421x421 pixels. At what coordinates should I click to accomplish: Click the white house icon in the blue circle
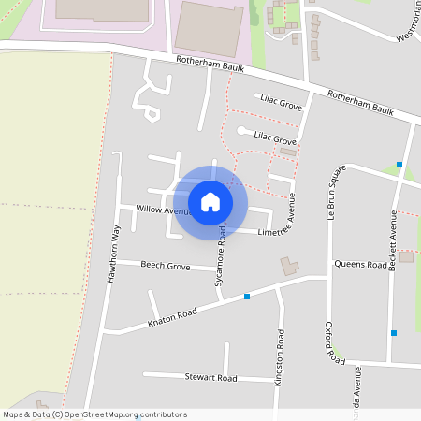click(210, 201)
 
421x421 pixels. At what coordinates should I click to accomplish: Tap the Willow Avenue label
click(162, 210)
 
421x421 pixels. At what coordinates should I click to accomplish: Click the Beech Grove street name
click(165, 266)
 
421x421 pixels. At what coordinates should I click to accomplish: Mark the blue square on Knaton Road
click(247, 297)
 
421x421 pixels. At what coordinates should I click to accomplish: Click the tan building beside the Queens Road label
click(406, 255)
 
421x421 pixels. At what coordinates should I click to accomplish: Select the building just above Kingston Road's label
click(289, 267)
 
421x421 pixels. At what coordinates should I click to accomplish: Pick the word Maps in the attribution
click(13, 414)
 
